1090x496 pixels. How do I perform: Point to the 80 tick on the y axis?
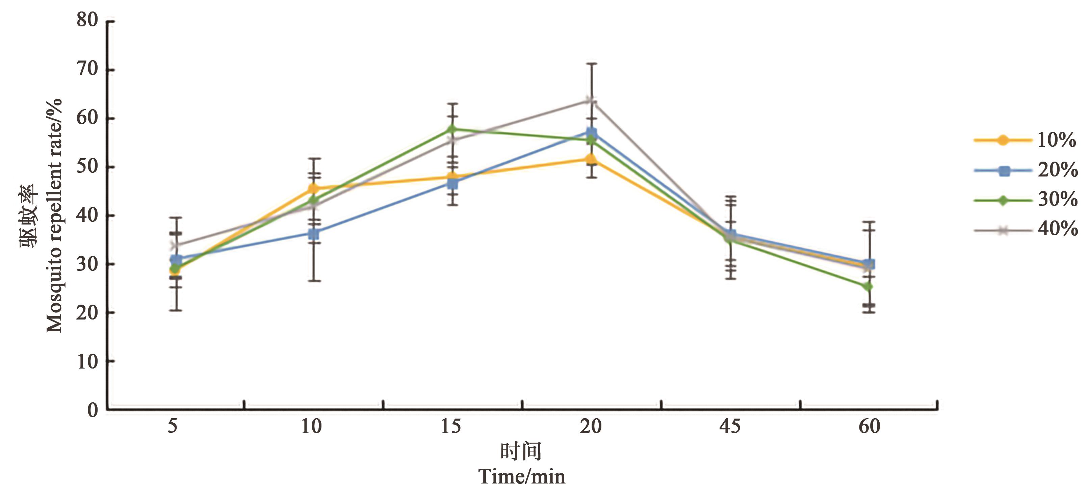click(x=87, y=20)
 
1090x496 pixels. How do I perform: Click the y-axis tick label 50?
click(x=87, y=167)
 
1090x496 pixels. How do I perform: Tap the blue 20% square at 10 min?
click(x=314, y=234)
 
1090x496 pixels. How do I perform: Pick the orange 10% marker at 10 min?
click(x=314, y=188)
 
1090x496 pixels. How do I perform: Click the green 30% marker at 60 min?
click(x=868, y=287)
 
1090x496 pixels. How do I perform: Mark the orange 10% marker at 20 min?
click(x=590, y=159)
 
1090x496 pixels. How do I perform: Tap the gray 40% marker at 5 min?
click(x=173, y=245)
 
